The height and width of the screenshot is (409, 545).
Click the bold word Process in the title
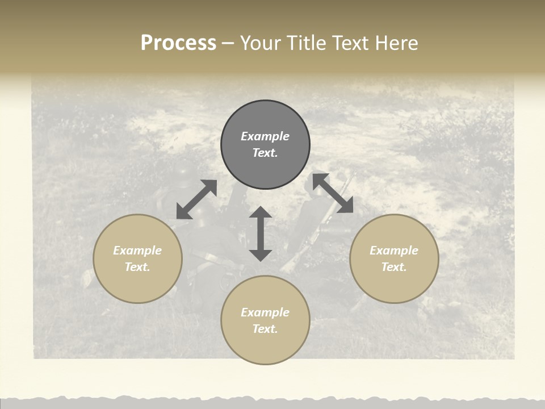pos(178,43)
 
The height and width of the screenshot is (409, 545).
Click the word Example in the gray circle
pos(265,136)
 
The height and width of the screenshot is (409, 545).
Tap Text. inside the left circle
pos(137,267)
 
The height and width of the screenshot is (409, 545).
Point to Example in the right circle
pos(394,251)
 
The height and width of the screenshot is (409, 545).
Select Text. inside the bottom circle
pos(265,329)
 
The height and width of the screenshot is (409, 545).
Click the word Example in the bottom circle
pos(265,312)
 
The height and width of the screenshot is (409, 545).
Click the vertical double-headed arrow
pos(261,233)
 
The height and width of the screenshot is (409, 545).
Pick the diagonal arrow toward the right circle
pos(333,193)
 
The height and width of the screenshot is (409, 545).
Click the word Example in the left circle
pos(137,251)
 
